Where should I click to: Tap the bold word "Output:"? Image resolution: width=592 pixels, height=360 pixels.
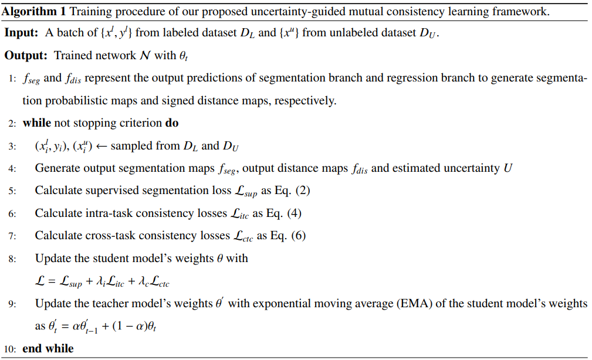point(26,55)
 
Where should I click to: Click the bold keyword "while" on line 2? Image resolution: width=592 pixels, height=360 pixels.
point(37,123)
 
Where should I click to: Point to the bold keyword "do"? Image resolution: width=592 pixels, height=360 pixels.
point(172,123)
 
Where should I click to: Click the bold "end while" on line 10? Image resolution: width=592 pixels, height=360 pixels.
point(48,349)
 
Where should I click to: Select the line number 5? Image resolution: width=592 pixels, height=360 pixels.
point(12,191)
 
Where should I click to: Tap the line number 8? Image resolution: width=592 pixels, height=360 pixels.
point(12,259)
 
